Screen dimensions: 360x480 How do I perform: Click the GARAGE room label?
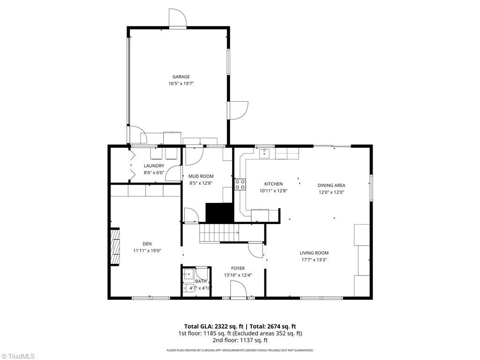tap(181, 76)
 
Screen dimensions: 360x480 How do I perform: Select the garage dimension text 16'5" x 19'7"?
tap(181, 83)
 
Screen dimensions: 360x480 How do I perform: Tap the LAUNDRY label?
tap(154, 166)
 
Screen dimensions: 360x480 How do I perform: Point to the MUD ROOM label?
tap(201, 176)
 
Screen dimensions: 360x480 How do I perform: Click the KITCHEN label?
tap(273, 184)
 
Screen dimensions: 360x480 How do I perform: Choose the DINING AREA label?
tap(331, 185)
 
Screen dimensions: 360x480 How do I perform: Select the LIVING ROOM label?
tap(314, 253)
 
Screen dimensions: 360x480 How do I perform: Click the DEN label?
tap(147, 243)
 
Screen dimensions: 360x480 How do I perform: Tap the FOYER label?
tap(238, 268)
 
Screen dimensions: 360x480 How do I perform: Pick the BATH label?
tap(201, 281)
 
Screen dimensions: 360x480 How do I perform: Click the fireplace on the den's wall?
tap(115, 247)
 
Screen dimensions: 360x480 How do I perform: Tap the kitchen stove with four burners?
tap(240, 185)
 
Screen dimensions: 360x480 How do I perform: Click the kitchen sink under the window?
tap(264, 153)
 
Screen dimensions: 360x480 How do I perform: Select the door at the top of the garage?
tap(178, 19)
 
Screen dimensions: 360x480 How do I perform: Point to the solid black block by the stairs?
tap(219, 212)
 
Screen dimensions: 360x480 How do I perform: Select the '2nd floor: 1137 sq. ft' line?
tap(240, 340)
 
